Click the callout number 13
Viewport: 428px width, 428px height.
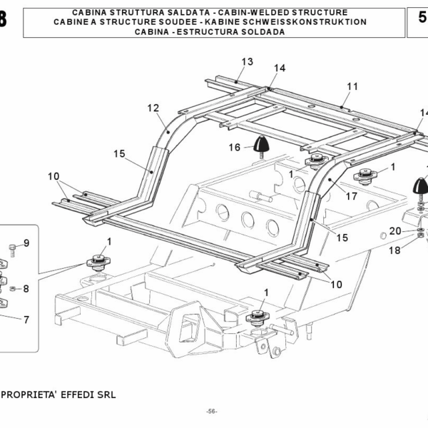pos(247,62)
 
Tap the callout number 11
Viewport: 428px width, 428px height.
pos(352,86)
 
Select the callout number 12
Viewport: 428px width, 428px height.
pos(153,108)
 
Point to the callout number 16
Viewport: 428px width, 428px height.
pos(234,148)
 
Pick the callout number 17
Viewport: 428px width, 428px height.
pos(351,195)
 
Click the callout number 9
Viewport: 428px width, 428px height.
pos(26,243)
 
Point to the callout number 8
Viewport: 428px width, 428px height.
pos(26,289)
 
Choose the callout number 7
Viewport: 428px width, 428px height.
pos(26,320)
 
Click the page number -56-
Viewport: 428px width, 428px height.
pos(211,412)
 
